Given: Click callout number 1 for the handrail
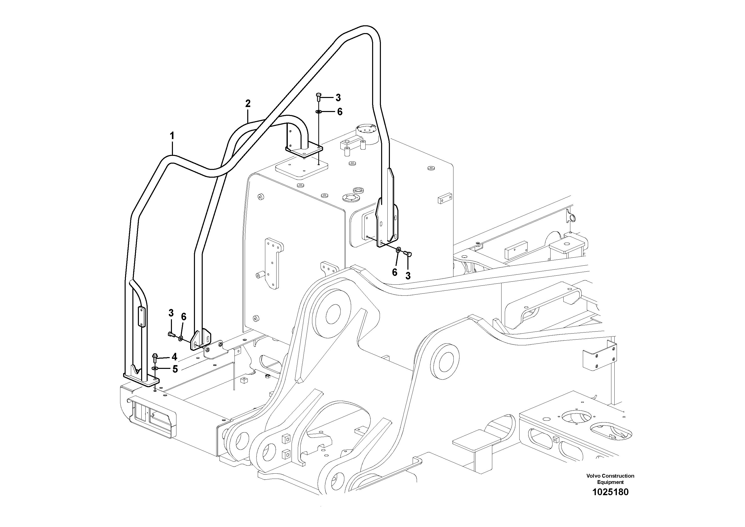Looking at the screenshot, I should tap(172, 136).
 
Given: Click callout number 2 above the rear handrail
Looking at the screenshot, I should tap(248, 104).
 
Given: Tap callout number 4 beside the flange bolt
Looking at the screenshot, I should tap(174, 357).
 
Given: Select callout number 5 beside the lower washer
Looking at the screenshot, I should tap(175, 369).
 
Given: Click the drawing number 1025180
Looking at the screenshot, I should tap(610, 492).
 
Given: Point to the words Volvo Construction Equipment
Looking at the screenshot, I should tap(610, 479).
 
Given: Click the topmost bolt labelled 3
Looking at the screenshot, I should tap(318, 96).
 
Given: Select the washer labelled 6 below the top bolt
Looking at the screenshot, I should tap(319, 112).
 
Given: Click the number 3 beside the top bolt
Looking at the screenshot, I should tap(338, 97).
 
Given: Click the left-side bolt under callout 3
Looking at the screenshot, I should tap(171, 334).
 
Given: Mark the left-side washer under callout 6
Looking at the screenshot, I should tap(181, 339).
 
